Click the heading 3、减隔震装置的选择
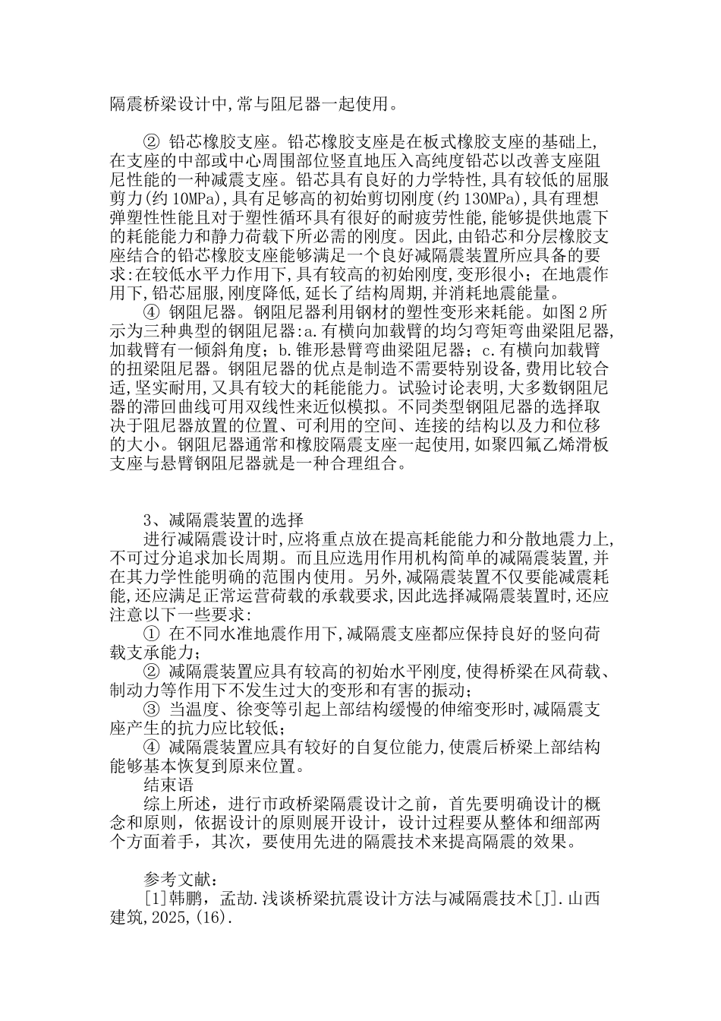tap(224, 520)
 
